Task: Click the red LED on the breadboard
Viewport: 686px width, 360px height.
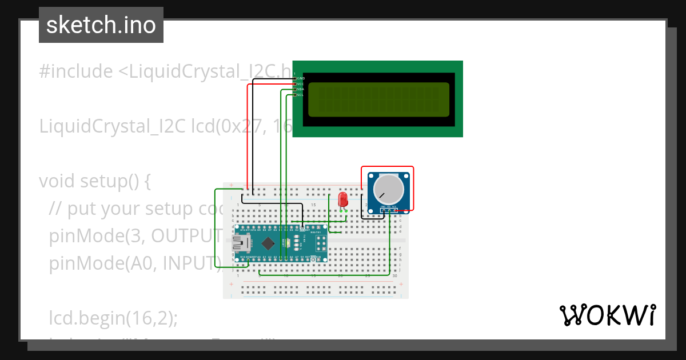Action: (343, 199)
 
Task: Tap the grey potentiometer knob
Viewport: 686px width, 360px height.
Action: (388, 188)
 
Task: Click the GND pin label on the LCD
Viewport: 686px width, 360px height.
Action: (301, 78)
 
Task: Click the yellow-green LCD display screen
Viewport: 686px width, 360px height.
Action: (378, 99)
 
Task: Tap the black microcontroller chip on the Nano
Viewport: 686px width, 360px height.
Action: (269, 243)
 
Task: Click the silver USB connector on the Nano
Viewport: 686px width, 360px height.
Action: (240, 244)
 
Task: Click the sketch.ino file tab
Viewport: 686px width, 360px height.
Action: (101, 25)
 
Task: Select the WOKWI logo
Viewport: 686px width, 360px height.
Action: (607, 315)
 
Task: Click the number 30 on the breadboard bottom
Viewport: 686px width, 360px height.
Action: (395, 276)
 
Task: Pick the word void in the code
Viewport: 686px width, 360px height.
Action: (57, 181)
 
